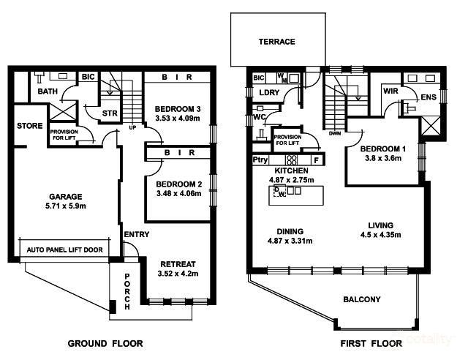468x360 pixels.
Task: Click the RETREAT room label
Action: [178, 264]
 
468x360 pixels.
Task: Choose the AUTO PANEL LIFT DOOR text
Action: [64, 250]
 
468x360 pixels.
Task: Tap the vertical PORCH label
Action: [127, 290]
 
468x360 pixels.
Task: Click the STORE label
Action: [30, 127]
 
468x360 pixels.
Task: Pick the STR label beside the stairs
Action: [110, 113]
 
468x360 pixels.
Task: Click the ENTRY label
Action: [137, 234]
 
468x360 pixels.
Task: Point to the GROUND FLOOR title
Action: [105, 343]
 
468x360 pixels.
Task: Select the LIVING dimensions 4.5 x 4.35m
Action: [380, 235]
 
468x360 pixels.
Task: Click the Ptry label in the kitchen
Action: [260, 160]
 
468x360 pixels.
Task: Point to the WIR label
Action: [389, 91]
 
